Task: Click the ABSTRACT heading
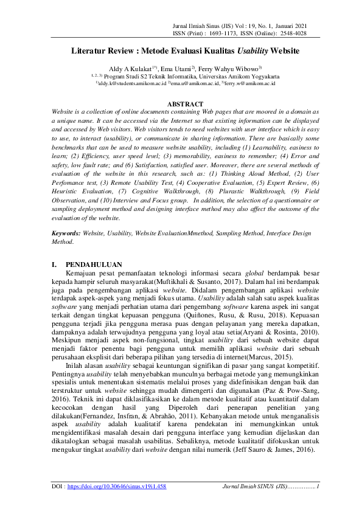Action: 181,105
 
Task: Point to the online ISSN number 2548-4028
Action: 292,33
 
